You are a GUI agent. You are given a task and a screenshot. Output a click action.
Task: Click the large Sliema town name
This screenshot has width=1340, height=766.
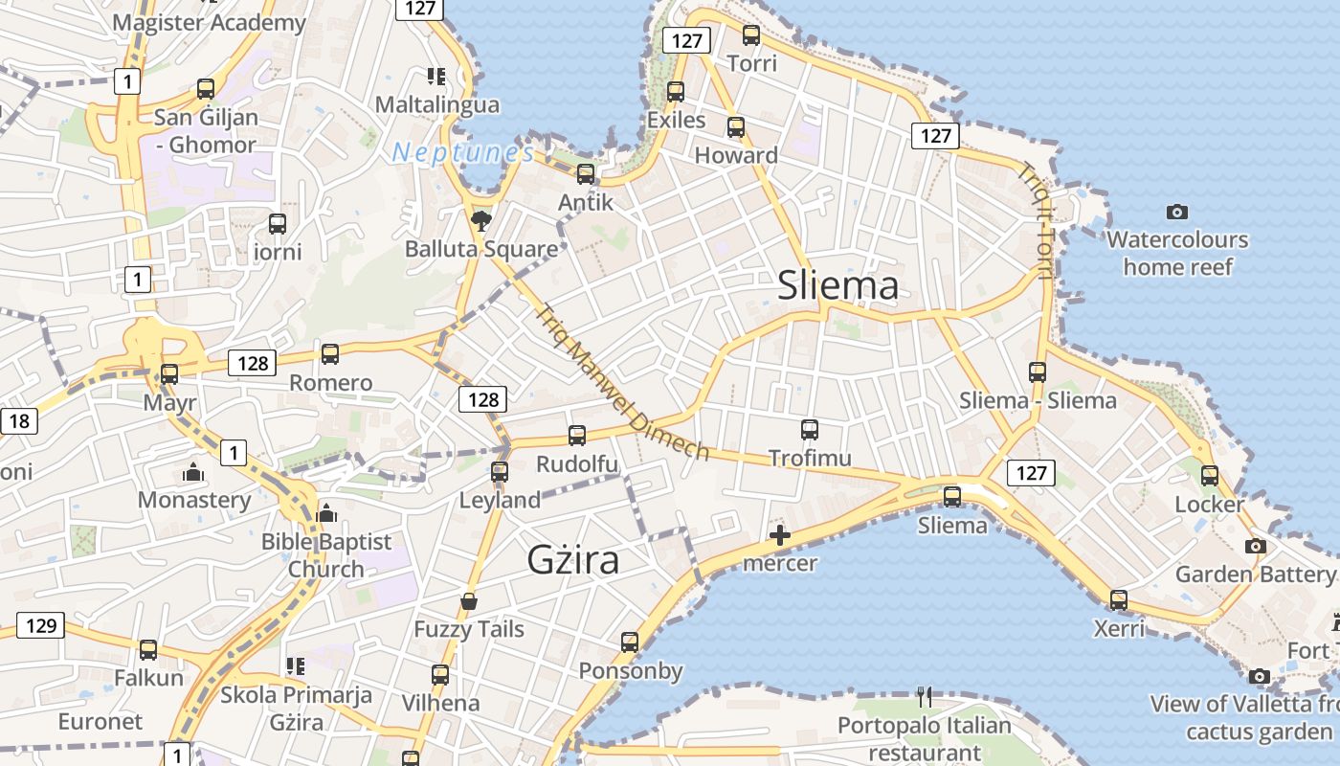pyautogui.click(x=838, y=285)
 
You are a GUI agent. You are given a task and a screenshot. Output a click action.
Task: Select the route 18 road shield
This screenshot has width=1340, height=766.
pyautogui.click(x=19, y=420)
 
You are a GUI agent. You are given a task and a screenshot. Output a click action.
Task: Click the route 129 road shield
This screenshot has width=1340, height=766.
pyautogui.click(x=40, y=626)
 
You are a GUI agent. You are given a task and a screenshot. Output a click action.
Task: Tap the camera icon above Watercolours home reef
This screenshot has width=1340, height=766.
pyautogui.click(x=1177, y=212)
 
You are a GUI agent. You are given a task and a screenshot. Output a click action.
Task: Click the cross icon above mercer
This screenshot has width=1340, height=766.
pyautogui.click(x=780, y=535)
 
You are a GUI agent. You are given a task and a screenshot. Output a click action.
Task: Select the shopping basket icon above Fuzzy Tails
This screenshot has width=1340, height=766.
pyautogui.click(x=469, y=601)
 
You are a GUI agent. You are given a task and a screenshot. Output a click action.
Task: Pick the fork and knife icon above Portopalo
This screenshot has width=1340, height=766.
pyautogui.click(x=924, y=697)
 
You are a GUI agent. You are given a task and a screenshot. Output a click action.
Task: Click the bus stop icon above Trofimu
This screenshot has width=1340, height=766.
pyautogui.click(x=810, y=430)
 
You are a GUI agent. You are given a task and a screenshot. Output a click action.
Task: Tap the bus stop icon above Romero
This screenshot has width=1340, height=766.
pyautogui.click(x=330, y=354)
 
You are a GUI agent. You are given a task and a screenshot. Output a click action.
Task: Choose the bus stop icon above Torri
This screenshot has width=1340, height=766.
pyautogui.click(x=751, y=35)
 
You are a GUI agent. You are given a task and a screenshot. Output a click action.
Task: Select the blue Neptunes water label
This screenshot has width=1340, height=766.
pyautogui.click(x=462, y=152)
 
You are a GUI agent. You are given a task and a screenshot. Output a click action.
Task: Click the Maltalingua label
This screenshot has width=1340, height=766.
pyautogui.click(x=437, y=104)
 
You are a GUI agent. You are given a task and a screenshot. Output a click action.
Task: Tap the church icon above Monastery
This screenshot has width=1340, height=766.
pyautogui.click(x=193, y=472)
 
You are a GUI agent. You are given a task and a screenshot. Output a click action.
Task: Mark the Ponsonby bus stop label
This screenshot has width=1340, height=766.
pyautogui.click(x=630, y=670)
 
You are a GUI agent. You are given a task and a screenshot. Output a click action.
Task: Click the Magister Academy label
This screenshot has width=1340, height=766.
pyautogui.click(x=209, y=22)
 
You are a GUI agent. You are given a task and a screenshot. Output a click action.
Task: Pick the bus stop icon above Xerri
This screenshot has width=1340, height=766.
pyautogui.click(x=1119, y=600)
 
